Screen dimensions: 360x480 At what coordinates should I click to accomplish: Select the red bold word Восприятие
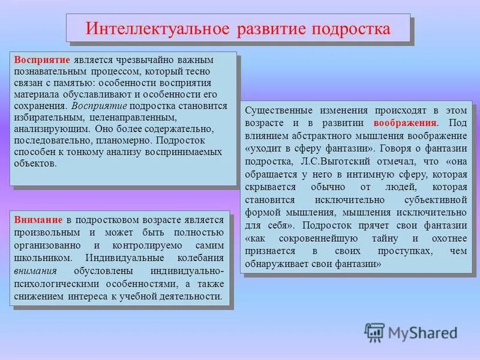[43, 61]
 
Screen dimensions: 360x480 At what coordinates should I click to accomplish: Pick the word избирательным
[45, 117]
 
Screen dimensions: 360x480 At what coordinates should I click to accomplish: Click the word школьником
[41, 258]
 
